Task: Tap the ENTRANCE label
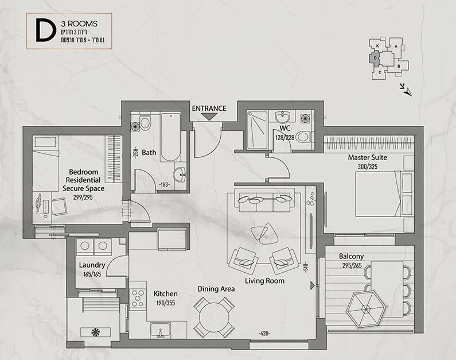pos(209,108)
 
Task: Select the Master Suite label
pos(367,157)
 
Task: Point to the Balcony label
pos(351,256)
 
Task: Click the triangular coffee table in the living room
pos(262,233)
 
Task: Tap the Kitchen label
pos(166,293)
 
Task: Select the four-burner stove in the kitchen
pos(138,299)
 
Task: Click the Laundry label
pos(92,265)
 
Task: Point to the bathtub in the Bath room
pos(170,138)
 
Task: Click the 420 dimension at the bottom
pos(264,333)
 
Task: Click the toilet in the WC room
pos(303,137)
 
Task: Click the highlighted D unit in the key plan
pos(375,57)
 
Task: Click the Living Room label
pos(264,281)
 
